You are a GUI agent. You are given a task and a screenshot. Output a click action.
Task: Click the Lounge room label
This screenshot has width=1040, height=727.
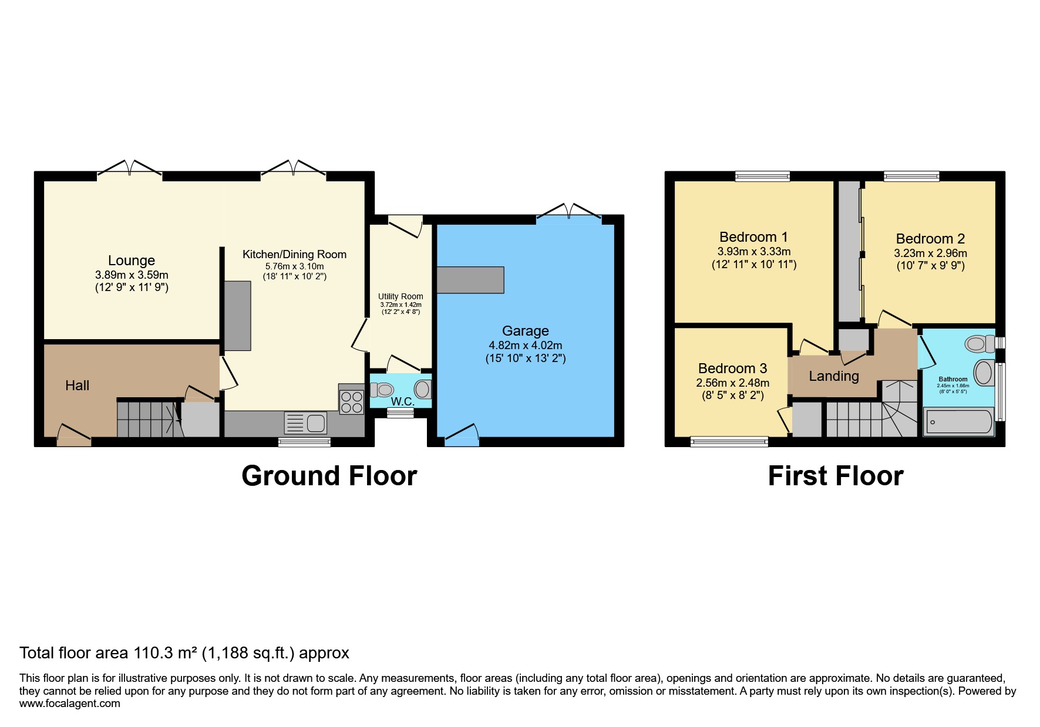(x=132, y=261)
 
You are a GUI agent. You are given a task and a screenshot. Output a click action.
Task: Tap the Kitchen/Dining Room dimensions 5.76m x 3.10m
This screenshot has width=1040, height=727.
(x=294, y=266)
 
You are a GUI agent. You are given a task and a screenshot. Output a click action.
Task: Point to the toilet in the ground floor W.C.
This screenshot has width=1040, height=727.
(x=383, y=390)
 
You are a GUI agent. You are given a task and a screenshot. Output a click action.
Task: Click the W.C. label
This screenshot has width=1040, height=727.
(x=403, y=402)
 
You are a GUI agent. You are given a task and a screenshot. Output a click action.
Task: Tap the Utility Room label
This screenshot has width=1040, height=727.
(x=400, y=296)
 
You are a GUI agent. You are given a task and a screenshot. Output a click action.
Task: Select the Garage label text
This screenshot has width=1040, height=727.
(x=525, y=331)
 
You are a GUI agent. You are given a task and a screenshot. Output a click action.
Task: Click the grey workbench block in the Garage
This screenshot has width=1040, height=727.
(x=470, y=280)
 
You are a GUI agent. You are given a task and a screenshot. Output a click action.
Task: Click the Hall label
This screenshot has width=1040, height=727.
(x=78, y=386)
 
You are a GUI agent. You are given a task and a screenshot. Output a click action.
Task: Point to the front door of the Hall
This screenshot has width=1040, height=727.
(x=74, y=437)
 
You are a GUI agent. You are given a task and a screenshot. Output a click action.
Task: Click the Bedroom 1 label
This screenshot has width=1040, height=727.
(x=753, y=237)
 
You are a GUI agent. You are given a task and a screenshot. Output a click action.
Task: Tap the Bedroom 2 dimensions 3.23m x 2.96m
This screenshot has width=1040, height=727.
(x=930, y=253)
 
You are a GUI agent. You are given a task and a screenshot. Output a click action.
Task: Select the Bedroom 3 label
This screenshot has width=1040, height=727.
(x=732, y=368)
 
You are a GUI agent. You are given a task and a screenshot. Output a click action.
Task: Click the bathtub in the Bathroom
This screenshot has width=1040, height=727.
(x=958, y=422)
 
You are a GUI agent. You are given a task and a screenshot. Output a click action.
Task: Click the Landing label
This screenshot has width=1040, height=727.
(x=833, y=376)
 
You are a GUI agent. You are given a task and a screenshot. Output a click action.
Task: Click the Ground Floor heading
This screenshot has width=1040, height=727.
(x=329, y=476)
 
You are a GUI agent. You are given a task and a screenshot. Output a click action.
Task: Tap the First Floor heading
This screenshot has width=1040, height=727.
(x=835, y=476)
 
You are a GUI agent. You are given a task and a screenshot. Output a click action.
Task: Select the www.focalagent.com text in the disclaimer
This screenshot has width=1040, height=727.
(x=69, y=704)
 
